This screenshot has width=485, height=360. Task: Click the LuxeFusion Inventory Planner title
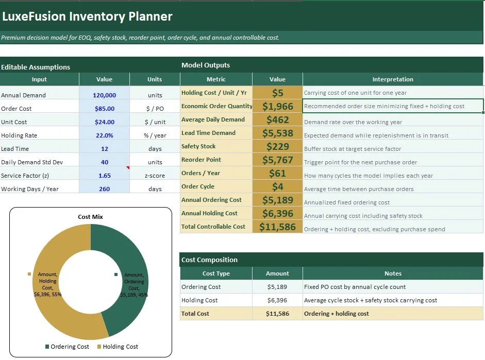(87, 16)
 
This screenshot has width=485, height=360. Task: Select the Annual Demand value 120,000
(104, 95)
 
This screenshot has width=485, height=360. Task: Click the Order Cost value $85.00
(104, 109)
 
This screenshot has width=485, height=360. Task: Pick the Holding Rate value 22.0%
(104, 135)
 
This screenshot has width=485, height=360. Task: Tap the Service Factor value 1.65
(104, 176)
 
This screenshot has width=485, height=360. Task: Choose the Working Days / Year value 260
(104, 189)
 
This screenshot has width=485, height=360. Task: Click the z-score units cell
(155, 176)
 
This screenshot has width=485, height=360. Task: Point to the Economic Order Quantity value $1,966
(277, 106)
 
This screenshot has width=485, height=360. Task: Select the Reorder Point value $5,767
(277, 160)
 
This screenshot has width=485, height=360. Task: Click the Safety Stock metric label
(198, 146)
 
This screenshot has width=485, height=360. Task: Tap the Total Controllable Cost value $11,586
(277, 227)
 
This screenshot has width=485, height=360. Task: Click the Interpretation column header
(393, 79)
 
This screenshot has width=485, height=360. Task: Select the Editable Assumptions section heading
(36, 67)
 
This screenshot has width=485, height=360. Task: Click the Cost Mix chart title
(90, 217)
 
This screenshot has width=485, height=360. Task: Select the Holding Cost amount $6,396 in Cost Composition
(277, 300)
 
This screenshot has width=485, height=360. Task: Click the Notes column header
(393, 273)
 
